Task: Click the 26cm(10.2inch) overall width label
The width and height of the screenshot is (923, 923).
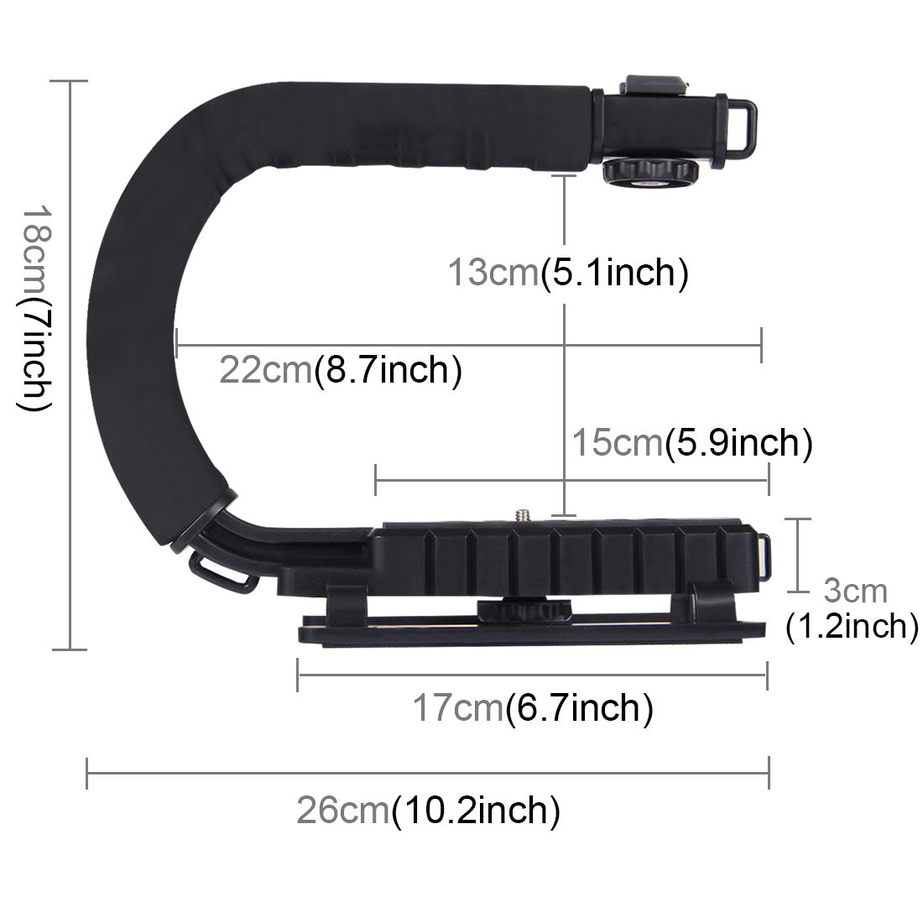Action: pos(428,811)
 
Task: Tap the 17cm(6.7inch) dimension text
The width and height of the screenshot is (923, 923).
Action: pos(532,709)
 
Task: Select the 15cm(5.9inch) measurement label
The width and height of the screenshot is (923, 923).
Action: pos(691,442)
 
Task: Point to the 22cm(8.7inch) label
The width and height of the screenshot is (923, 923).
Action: pos(340,369)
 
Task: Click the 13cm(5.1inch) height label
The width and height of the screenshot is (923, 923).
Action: pos(568,273)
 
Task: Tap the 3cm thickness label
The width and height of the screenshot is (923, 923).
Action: pos(854,591)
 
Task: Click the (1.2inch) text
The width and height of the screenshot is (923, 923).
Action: pos(851,626)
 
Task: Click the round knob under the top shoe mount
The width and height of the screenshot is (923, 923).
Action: pos(649,171)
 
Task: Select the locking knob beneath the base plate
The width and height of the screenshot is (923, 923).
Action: pos(512,608)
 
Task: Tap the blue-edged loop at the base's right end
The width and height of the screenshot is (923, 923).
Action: pos(764,555)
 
